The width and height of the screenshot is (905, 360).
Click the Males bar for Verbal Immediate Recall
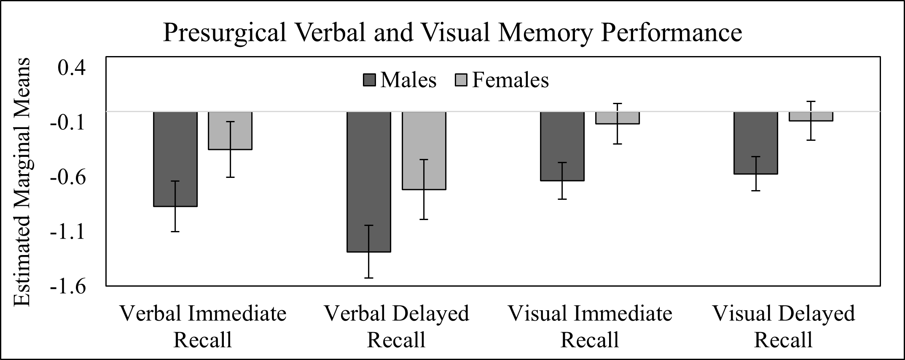pos(175,159)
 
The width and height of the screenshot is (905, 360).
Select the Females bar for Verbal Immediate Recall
pos(230,131)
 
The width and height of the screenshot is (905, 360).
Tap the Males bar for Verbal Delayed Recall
pos(369,182)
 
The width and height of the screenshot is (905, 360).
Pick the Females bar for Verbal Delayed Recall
pos(424,150)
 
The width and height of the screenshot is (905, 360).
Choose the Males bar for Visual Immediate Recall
pos(562,146)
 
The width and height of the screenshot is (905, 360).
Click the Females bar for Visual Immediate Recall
pos(618,118)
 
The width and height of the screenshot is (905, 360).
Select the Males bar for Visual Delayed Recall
pos(756,142)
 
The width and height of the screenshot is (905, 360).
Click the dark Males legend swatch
pos(369,80)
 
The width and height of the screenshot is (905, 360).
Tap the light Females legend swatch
pos(461,80)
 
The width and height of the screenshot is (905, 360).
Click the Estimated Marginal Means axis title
pos(22,182)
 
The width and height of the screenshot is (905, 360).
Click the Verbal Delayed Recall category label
pos(396,326)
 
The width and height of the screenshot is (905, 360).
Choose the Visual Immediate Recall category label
pos(590,326)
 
